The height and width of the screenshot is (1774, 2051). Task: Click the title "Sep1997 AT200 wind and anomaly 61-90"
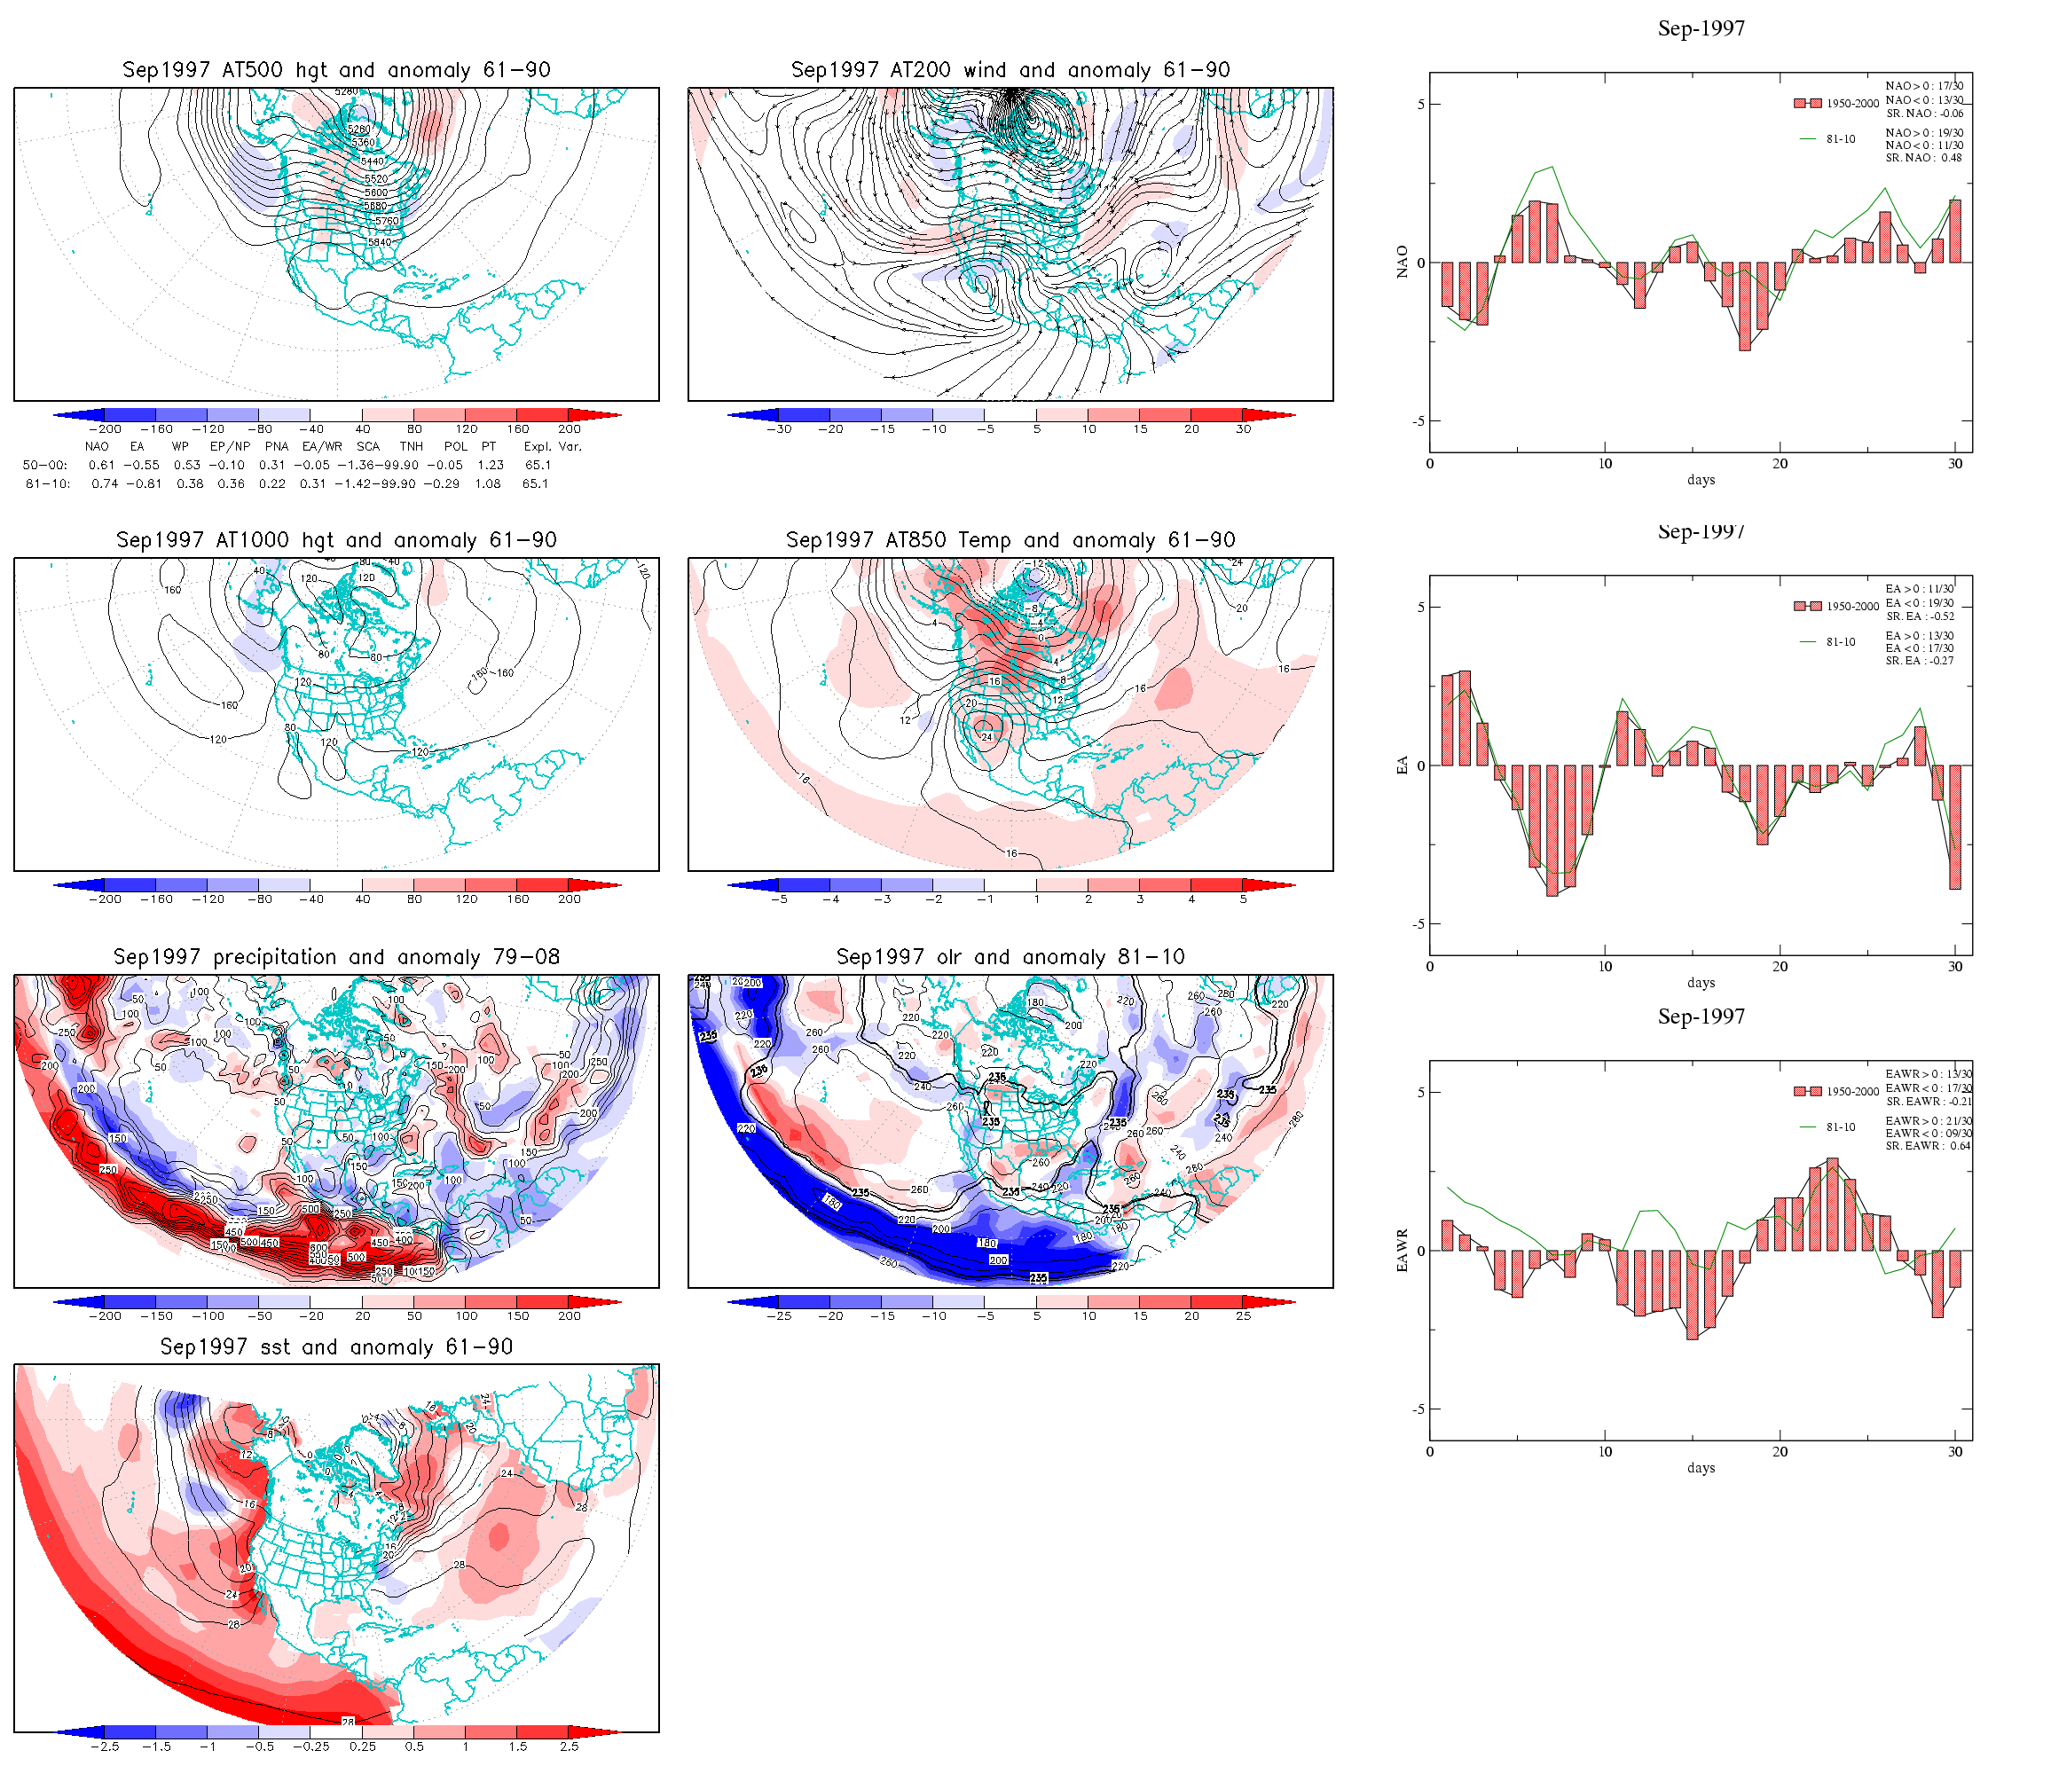1010,70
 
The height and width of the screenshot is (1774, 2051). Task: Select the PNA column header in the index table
276,446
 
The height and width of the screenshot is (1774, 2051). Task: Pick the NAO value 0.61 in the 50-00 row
101,466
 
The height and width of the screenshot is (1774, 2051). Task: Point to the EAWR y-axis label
1402,1251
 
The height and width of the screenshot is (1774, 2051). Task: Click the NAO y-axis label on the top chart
1402,263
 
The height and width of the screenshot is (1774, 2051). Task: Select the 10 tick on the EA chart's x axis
1605,966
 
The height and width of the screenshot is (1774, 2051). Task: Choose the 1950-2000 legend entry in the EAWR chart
1851,1091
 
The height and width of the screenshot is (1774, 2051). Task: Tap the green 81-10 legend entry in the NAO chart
1839,139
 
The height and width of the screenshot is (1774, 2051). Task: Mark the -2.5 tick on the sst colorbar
104,1747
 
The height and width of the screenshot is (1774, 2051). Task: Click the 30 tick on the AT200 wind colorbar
1243,429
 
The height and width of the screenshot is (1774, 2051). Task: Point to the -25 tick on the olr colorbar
779,1316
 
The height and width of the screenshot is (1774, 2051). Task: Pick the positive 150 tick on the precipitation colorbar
518,1316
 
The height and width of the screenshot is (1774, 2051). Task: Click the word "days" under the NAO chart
1701,480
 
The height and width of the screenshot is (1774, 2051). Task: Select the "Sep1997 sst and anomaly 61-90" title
336,1347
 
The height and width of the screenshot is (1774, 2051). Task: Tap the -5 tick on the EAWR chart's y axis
1420,1409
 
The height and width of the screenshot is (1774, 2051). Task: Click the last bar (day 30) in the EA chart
1955,827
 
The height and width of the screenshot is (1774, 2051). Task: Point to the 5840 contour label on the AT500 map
380,242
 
